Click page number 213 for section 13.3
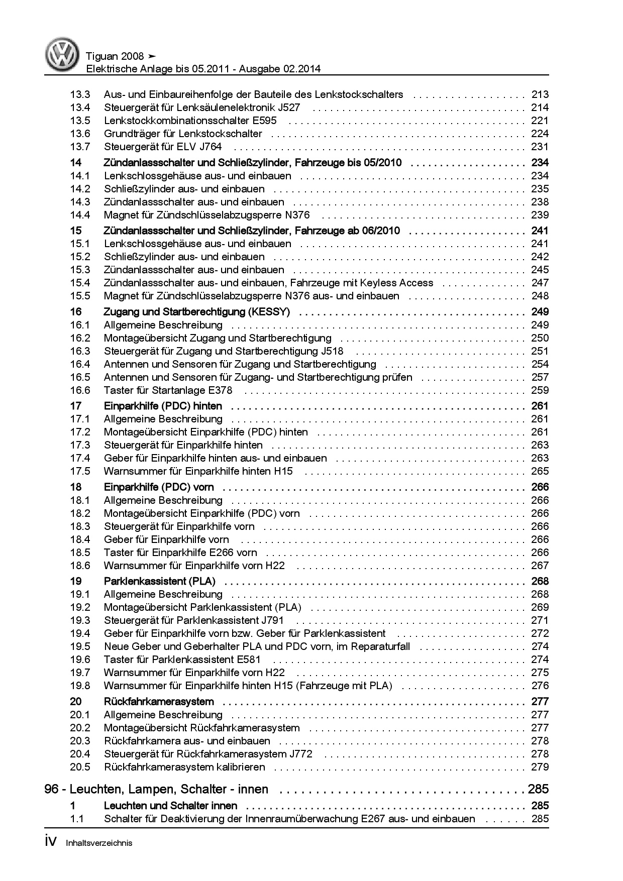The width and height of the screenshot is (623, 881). (x=540, y=94)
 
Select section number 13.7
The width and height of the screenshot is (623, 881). (x=80, y=147)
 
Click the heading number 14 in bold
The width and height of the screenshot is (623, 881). (x=76, y=163)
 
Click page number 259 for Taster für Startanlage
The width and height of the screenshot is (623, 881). (x=540, y=390)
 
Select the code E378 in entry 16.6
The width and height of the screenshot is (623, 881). (x=220, y=390)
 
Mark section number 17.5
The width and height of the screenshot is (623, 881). (x=80, y=471)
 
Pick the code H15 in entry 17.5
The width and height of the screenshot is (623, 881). (x=283, y=471)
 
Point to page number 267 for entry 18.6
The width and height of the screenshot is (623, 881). (x=540, y=566)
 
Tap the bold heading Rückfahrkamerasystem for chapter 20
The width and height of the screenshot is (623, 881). (x=159, y=702)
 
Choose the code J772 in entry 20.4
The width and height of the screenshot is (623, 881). (x=300, y=754)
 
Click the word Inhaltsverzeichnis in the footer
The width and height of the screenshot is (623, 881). (x=99, y=843)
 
